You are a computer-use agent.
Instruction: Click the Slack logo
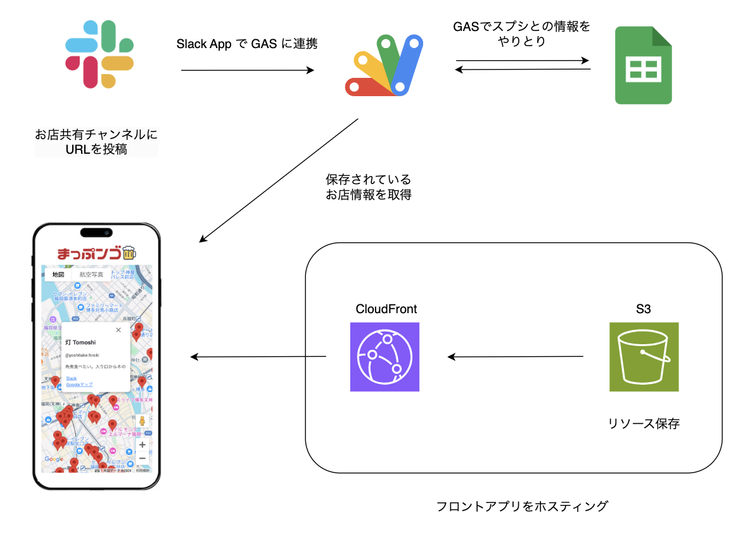click(x=99, y=54)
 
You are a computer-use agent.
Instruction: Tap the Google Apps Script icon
click(x=383, y=66)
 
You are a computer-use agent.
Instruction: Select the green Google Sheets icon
click(x=643, y=66)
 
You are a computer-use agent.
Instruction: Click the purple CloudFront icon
click(x=385, y=357)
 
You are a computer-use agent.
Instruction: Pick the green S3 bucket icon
click(x=644, y=357)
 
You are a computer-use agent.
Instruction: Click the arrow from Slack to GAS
click(x=247, y=70)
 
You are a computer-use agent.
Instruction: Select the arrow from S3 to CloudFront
click(x=516, y=357)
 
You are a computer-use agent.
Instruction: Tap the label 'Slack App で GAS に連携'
click(x=246, y=44)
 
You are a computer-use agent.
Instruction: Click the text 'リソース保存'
click(x=644, y=424)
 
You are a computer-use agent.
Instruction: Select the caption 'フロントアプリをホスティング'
click(x=522, y=507)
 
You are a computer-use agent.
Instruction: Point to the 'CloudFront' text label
click(x=386, y=309)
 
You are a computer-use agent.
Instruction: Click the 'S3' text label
click(x=644, y=309)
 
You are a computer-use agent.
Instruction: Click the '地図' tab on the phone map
click(x=58, y=275)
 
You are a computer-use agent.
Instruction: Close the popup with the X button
click(x=118, y=330)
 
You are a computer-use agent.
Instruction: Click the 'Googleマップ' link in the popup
click(x=79, y=385)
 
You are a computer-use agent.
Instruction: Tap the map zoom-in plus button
click(x=143, y=445)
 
